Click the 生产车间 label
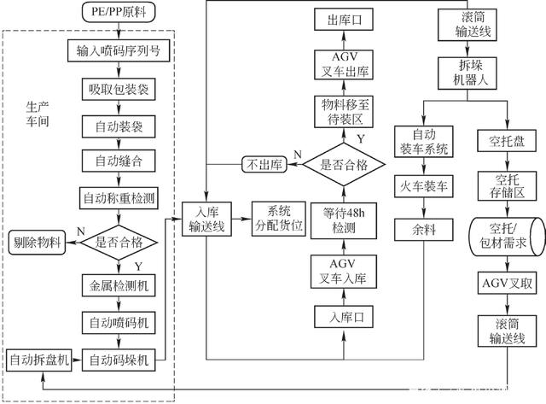pyautogui.click(x=39, y=120)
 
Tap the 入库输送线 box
pyautogui.click(x=210, y=218)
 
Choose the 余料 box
pyautogui.click(x=418, y=229)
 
